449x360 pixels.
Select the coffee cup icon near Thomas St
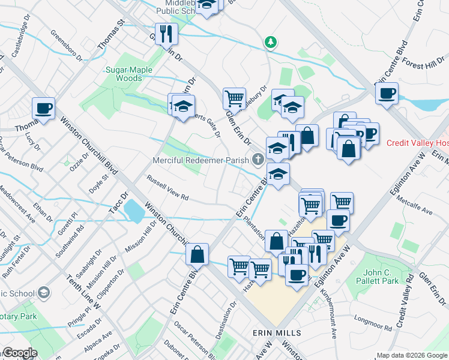(x=43, y=109)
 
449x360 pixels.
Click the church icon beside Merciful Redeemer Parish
(x=258, y=159)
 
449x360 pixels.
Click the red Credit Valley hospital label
(x=417, y=143)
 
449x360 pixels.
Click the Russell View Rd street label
(x=168, y=188)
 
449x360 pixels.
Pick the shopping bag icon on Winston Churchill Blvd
(x=197, y=254)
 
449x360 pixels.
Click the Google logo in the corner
(x=19, y=353)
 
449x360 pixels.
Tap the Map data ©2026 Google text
(x=411, y=355)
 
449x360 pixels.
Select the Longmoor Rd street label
(x=373, y=324)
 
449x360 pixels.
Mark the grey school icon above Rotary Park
(x=43, y=292)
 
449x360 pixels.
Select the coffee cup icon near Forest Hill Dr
(x=387, y=94)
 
